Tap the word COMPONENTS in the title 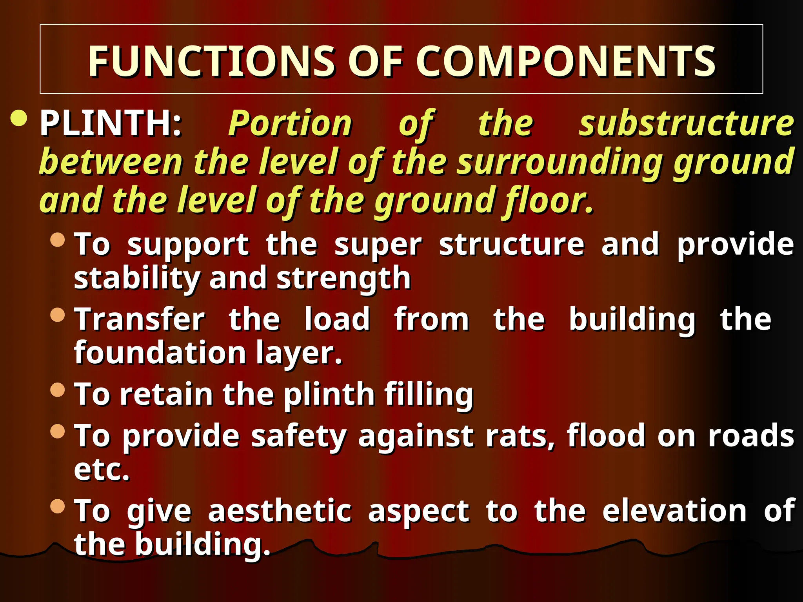[x=566, y=61]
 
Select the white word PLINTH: [x=111, y=123]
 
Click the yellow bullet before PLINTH [x=19, y=118]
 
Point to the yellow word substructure [x=687, y=123]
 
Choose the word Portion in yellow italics [x=290, y=123]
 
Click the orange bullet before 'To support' [x=58, y=239]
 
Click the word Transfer [x=140, y=319]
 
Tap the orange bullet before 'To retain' [x=58, y=390]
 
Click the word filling [x=429, y=394]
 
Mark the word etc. [x=102, y=469]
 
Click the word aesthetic [x=280, y=511]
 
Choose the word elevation [x=674, y=511]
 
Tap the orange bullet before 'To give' [x=58, y=506]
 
